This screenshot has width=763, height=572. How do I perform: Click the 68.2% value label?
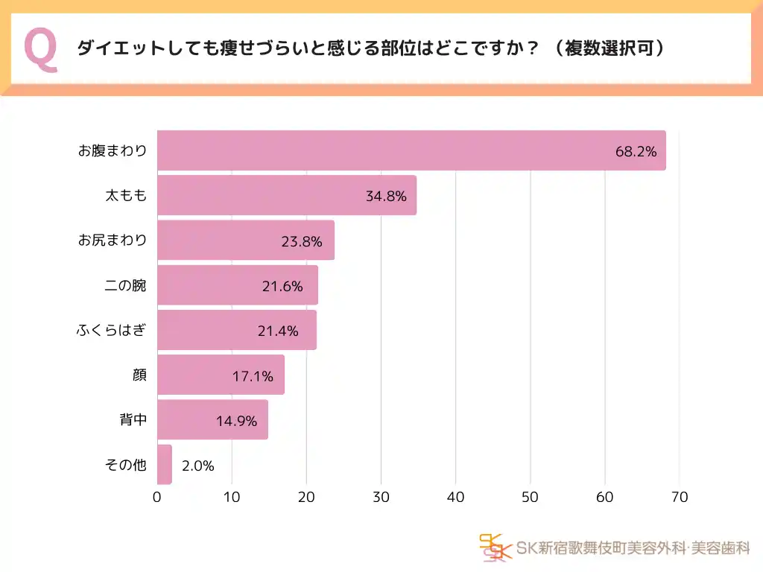click(636, 152)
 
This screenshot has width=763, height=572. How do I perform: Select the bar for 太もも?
click(287, 196)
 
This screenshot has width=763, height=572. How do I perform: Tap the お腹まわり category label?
click(113, 150)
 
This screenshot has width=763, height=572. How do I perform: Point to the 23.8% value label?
click(302, 241)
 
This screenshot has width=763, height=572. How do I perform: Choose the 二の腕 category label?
click(126, 285)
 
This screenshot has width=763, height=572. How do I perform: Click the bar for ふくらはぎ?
click(237, 330)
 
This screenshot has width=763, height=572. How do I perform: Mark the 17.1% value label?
click(252, 376)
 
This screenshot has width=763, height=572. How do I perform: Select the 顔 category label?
click(139, 375)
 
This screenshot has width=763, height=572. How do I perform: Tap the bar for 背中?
click(212, 420)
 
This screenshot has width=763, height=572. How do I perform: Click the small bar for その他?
click(165, 465)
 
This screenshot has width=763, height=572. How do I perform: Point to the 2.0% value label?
click(198, 466)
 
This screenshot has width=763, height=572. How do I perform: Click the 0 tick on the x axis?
click(157, 497)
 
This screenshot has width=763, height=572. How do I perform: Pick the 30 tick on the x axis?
click(381, 497)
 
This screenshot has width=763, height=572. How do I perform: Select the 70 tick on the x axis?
click(679, 497)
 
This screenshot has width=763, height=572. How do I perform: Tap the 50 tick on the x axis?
click(530, 497)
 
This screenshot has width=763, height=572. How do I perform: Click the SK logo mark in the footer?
click(496, 547)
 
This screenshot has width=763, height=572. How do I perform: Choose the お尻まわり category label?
click(113, 240)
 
